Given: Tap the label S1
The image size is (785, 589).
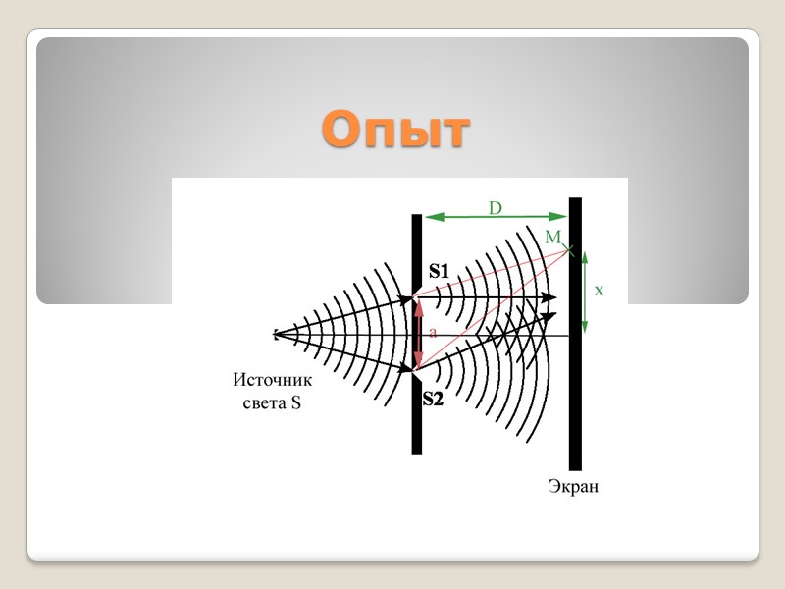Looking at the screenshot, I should click(438, 271).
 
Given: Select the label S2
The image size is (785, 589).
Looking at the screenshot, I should click(433, 399).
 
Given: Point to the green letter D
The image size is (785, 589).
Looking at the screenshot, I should click(496, 208).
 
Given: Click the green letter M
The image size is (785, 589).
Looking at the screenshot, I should click(552, 238).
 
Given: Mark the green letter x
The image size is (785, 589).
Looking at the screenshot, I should click(599, 291).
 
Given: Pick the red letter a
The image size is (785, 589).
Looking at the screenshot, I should click(433, 334).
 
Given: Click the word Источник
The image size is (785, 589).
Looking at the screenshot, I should click(272, 381).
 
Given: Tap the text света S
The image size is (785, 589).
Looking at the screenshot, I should click(272, 402).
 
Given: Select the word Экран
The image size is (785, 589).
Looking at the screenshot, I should click(574, 486).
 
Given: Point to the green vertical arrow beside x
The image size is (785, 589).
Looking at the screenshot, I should click(585, 292).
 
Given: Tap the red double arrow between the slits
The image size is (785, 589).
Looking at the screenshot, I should click(419, 334).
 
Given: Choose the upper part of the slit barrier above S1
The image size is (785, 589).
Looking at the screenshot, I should click(417, 250).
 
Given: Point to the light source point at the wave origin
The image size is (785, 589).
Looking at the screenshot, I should click(277, 336).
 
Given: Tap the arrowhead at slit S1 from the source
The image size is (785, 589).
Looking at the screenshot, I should click(408, 298).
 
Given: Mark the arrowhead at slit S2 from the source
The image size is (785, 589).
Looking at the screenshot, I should click(408, 370).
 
